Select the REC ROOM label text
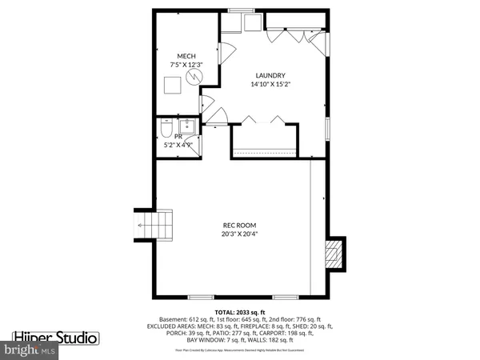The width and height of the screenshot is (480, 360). click(x=239, y=226)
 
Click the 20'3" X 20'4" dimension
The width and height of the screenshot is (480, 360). click(x=239, y=234)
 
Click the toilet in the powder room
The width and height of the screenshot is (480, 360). click(x=164, y=128)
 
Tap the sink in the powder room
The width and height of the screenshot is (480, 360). click(x=190, y=126)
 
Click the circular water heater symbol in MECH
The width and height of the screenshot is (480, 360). click(x=193, y=77)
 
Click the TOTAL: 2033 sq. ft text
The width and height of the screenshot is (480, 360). click(x=239, y=310)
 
